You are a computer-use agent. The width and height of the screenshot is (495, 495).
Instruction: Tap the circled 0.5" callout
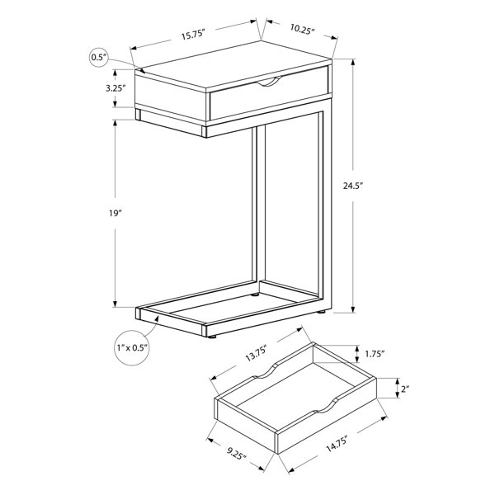point(99,58)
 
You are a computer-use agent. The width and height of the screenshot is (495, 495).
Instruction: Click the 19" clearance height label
point(115,213)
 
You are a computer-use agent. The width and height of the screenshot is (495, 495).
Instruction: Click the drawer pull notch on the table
point(270,82)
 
